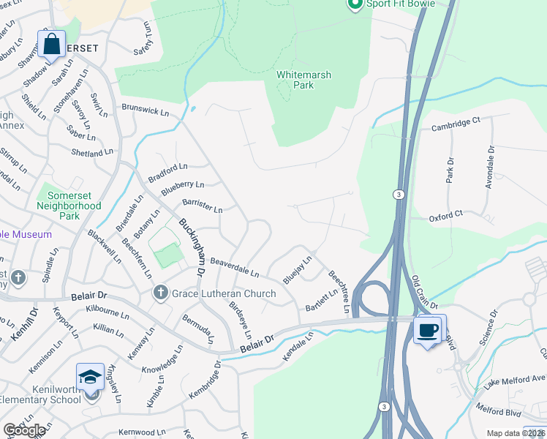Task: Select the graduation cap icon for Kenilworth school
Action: (x=90, y=376)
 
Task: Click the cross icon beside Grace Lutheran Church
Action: (x=160, y=294)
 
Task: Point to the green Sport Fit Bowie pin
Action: (x=355, y=4)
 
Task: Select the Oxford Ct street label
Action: (x=446, y=215)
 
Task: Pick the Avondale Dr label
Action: (x=491, y=168)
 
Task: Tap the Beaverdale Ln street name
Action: (x=235, y=267)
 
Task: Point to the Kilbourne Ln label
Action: (x=107, y=310)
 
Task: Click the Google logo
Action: (x=24, y=430)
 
